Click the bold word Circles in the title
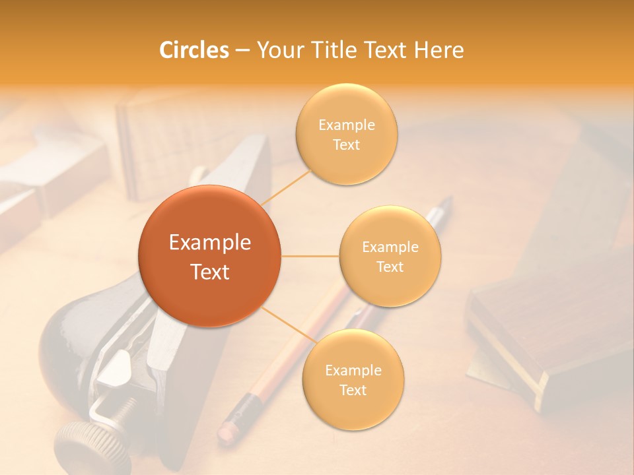pyautogui.click(x=194, y=50)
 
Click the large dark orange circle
pyautogui.click(x=209, y=256)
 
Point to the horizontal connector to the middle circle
pyautogui.click(x=310, y=256)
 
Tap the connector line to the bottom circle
pyautogui.click(x=287, y=325)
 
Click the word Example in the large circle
pyautogui.click(x=209, y=243)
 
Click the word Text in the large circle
pyautogui.click(x=209, y=272)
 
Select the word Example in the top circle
pyautogui.click(x=346, y=125)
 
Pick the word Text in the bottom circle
pyautogui.click(x=353, y=390)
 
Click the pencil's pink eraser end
pyautogui.click(x=227, y=430)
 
